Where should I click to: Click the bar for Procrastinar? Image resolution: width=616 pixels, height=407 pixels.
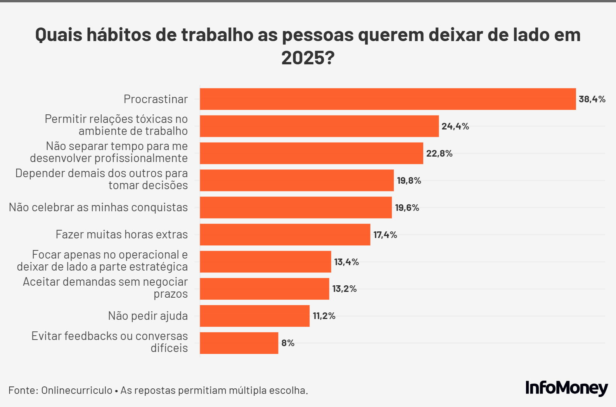(388, 99)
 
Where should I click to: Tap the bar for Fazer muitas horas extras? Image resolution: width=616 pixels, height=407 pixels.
(285, 235)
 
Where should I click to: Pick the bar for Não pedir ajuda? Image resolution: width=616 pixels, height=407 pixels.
(254, 316)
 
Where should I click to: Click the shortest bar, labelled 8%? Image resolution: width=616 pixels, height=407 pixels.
(239, 343)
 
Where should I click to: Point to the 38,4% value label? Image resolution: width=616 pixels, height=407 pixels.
(592, 99)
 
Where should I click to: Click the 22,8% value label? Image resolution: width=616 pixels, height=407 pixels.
(439, 153)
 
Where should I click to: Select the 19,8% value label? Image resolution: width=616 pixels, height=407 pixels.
(409, 181)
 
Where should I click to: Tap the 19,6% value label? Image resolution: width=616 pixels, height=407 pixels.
(407, 208)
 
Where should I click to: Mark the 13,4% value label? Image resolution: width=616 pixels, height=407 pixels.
(346, 262)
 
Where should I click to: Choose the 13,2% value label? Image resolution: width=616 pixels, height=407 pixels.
(344, 289)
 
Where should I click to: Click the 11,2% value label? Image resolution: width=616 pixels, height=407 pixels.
(324, 316)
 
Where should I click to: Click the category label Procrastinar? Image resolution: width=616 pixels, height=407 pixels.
(156, 99)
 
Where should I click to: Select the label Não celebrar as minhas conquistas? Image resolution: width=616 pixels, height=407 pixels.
(98, 207)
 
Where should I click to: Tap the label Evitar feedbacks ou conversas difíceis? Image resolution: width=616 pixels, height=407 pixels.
(110, 342)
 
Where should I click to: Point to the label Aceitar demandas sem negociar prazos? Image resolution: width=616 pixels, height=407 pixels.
(106, 288)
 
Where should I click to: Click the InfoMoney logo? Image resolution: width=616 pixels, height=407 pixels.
(566, 388)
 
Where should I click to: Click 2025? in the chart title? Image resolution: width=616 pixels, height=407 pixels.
(308, 58)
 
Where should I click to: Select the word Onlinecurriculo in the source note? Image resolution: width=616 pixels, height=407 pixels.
(77, 390)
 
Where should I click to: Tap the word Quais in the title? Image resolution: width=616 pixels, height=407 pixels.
(59, 35)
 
